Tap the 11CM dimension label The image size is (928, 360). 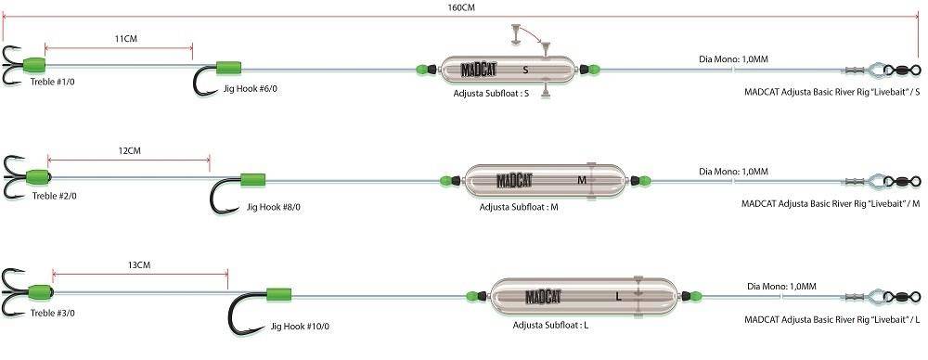[126, 38]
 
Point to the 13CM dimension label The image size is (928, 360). [139, 264]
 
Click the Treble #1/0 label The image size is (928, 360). [53, 82]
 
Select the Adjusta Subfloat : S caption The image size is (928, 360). [491, 93]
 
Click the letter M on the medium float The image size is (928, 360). [582, 179]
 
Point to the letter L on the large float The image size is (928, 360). [618, 297]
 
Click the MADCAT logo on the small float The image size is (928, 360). [479, 70]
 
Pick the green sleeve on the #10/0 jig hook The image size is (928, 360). [278, 294]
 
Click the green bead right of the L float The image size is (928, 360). [695, 295]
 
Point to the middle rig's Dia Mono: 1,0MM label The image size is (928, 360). [733, 172]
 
